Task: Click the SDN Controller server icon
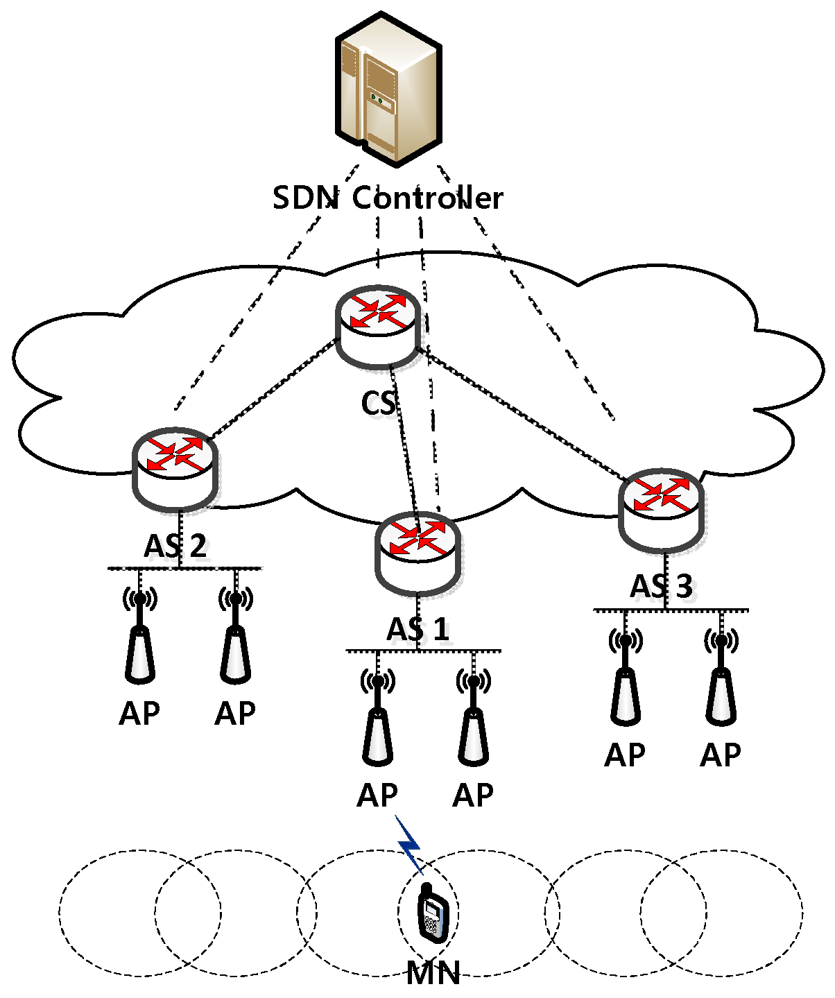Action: click(x=388, y=87)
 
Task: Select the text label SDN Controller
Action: click(x=388, y=198)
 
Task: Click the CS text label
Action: click(x=379, y=403)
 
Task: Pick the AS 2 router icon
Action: click(x=175, y=467)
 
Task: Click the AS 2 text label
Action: click(x=175, y=547)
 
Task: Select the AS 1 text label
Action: click(x=417, y=630)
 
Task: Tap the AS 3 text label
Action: click(x=661, y=587)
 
